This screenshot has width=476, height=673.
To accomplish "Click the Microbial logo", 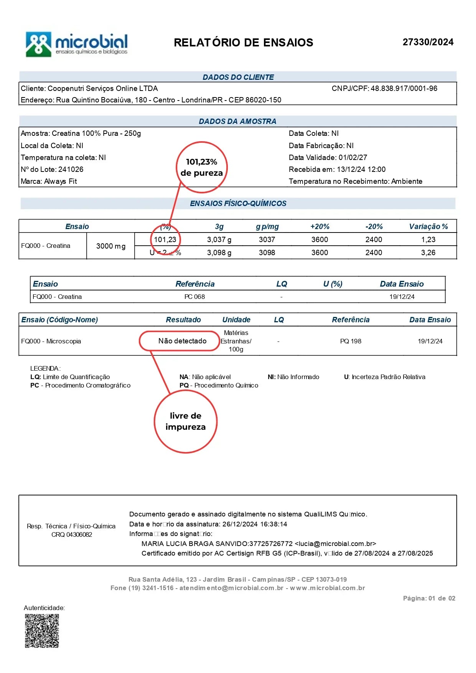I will coord(77,45).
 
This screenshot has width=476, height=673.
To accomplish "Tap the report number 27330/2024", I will coord(428,42).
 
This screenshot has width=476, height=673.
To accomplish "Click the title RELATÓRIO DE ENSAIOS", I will coord(243,43).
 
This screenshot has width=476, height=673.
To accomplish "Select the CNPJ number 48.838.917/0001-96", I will coord(404,89).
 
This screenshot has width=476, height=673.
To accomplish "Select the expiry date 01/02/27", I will coord(352,158).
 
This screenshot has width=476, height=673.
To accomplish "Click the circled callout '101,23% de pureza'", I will coord(202,167).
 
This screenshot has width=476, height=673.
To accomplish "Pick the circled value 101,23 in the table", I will coord(165,240).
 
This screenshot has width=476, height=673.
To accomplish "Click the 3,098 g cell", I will coord(219,253).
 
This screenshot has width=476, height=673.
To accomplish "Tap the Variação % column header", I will coord(428,227).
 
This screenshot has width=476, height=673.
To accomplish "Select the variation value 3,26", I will coord(428,253).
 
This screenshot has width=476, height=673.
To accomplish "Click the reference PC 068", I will coord(194,297).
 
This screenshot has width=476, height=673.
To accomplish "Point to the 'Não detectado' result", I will coord(182,341).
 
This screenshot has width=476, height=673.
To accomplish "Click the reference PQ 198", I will coord(351,341).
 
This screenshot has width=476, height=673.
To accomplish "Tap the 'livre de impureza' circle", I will coord(186,422).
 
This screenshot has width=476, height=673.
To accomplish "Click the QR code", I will coord(42,631).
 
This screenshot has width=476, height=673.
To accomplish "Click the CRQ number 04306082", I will coord(79,535).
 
